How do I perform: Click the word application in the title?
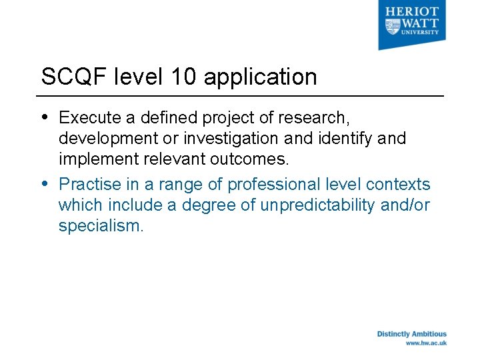point(260,77)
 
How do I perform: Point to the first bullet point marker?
point(45,117)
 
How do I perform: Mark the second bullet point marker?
point(45,183)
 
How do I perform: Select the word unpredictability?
point(317,205)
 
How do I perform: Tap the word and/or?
point(405,205)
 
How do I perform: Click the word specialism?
point(101,227)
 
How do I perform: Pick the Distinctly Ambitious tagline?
point(411,334)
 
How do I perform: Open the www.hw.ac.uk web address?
point(426,343)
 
